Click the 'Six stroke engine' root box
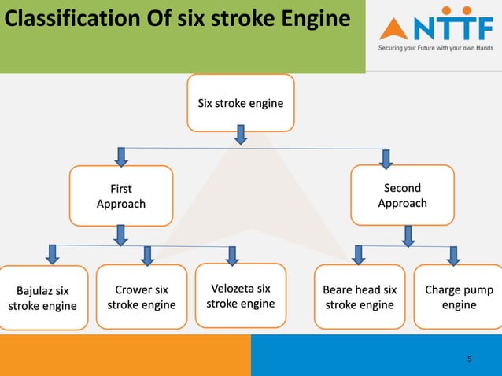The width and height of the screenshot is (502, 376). (x=241, y=103)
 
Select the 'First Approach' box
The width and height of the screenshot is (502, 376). (x=120, y=196)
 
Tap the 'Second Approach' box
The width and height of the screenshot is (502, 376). (x=402, y=195)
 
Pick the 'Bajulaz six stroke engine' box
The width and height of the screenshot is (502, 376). (x=42, y=298)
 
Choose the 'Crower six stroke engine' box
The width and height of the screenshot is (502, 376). (x=142, y=297)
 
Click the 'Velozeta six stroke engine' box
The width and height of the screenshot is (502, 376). (x=241, y=296)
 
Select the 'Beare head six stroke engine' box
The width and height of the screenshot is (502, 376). (x=360, y=297)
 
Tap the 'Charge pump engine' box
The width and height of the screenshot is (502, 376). (x=459, y=297)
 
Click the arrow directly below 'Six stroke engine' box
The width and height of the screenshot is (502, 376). (x=241, y=137)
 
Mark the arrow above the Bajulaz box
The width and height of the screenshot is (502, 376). (x=53, y=253)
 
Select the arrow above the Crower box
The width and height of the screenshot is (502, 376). (x=147, y=254)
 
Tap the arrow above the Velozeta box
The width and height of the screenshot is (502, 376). (x=232, y=255)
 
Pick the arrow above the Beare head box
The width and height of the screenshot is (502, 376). (x=358, y=254)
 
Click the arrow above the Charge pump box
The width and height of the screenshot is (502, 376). (x=453, y=255)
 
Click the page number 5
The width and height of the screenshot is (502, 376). (x=470, y=359)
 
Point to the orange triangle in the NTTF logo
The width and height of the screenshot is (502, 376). (x=393, y=29)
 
